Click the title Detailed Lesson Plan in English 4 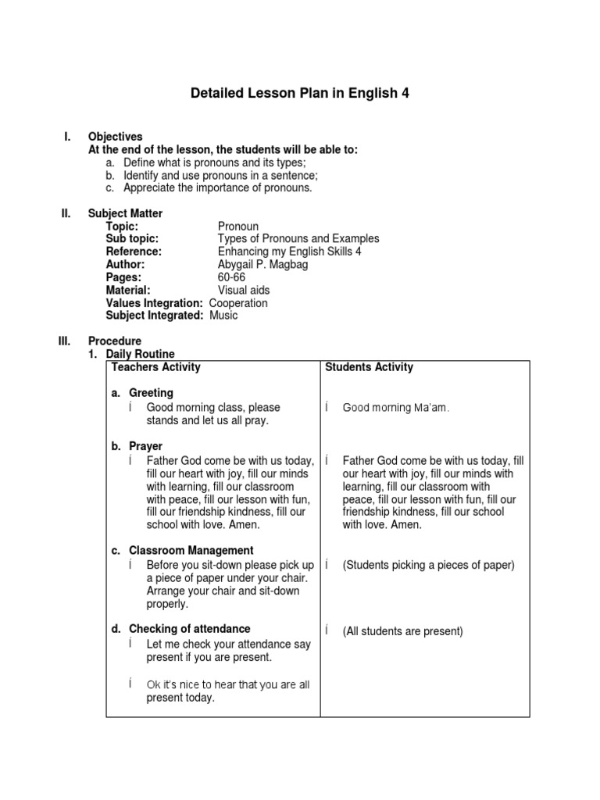(x=300, y=94)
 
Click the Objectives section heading (x=115, y=137)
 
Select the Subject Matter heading (x=125, y=213)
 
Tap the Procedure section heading (x=115, y=341)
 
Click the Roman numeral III (x=65, y=341)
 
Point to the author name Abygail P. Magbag (x=264, y=265)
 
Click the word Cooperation (x=238, y=302)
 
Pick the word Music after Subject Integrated (x=223, y=316)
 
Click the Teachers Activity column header (x=156, y=367)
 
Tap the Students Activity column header (x=370, y=367)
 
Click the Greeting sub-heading (x=151, y=393)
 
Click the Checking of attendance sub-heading (x=189, y=629)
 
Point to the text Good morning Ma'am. (x=396, y=408)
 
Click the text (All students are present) (x=402, y=631)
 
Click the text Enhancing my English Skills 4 (x=289, y=252)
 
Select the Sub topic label (x=132, y=239)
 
